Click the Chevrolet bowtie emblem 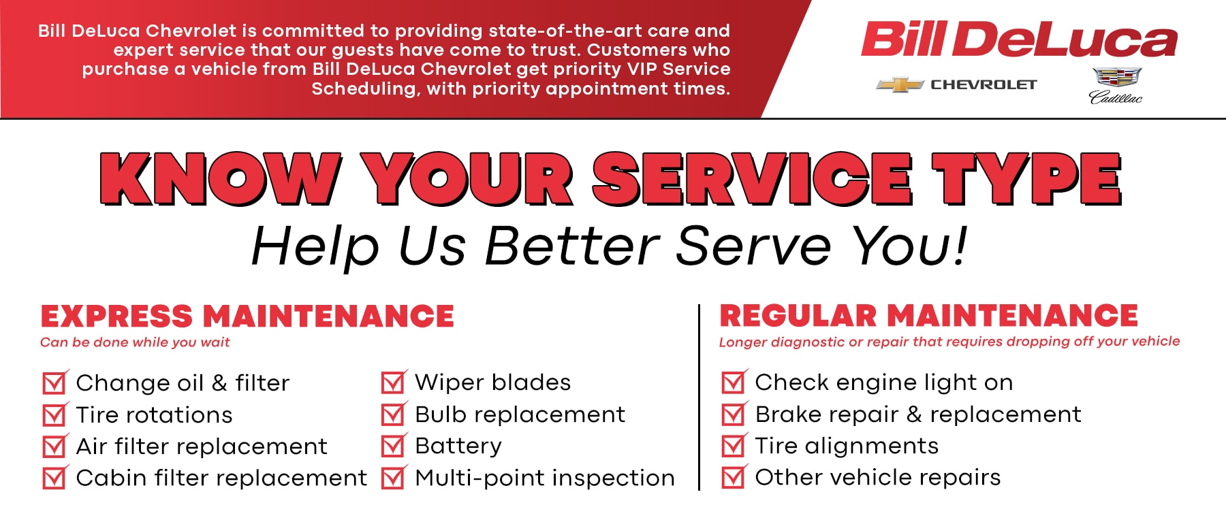[x=900, y=85]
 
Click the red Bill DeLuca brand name [x=1019, y=39]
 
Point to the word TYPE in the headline [x=1028, y=178]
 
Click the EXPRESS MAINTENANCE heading [x=247, y=316]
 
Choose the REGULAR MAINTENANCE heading [x=929, y=316]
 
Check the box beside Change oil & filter [x=54, y=382]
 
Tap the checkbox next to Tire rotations [x=54, y=414]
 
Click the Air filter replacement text [x=202, y=446]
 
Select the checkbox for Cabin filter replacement [x=54, y=478]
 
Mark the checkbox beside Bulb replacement [x=394, y=414]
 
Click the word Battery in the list [x=458, y=446]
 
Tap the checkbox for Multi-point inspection [x=394, y=478]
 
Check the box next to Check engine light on [x=734, y=382]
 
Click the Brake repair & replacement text [x=918, y=414]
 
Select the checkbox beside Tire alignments [x=734, y=446]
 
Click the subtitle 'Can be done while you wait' [x=135, y=342]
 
